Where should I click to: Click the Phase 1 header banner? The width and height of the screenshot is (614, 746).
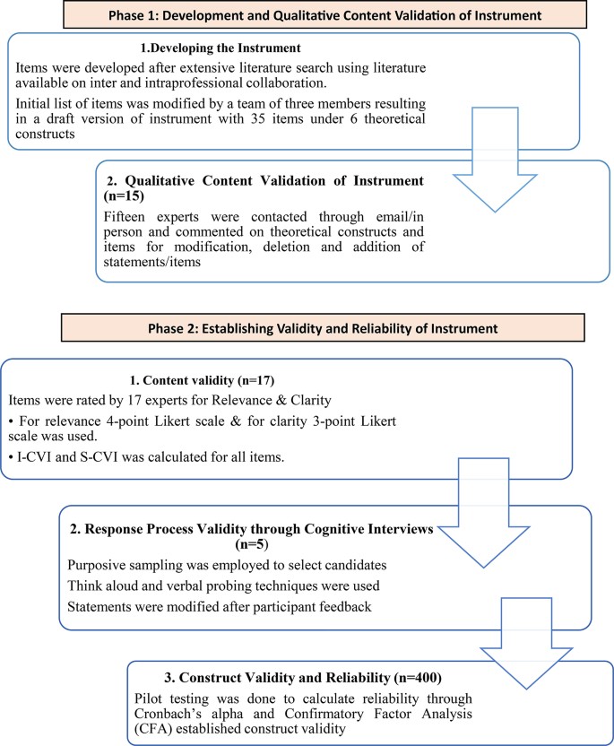click(307, 15)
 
